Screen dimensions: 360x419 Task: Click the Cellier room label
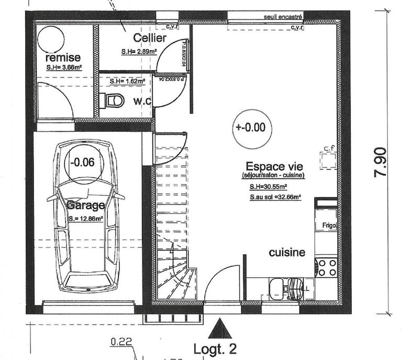150,38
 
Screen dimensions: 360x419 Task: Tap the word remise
63,57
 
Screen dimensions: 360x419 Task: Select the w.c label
142,100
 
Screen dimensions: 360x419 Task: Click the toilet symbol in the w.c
113,100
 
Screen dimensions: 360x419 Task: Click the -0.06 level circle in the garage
84,162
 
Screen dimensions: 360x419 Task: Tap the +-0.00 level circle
250,127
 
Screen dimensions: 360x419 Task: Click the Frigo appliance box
328,226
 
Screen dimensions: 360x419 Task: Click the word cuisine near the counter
286,253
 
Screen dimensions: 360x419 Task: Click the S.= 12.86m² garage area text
85,219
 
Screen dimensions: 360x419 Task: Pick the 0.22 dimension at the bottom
121,343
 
